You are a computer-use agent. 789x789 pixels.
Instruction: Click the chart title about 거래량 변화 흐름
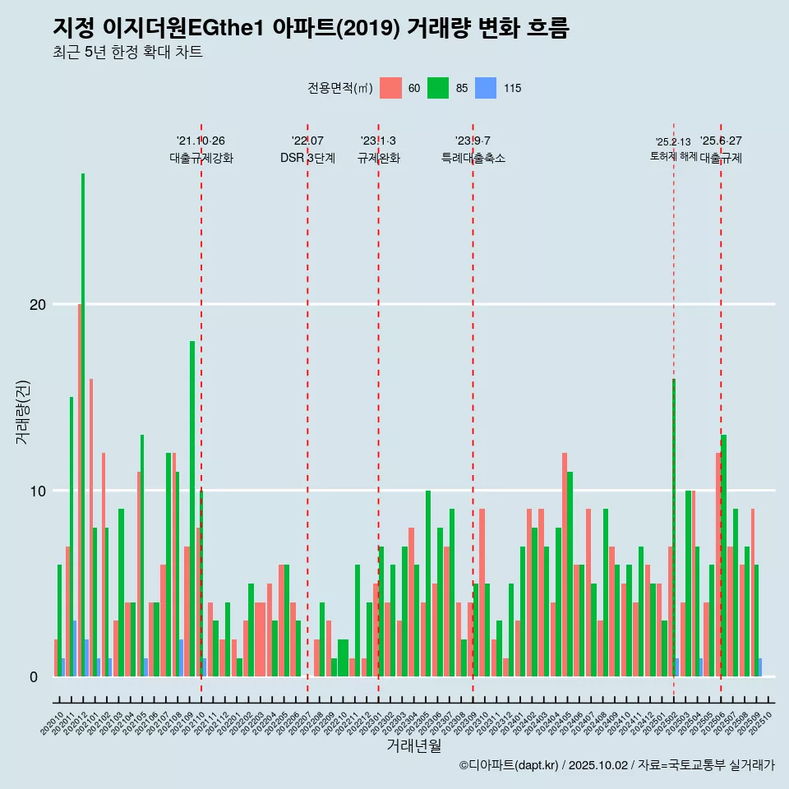[311, 28]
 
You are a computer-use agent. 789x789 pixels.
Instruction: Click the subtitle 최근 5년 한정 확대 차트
[127, 53]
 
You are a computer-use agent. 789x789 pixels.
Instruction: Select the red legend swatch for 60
[391, 88]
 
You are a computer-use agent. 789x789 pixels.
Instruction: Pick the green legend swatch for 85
[438, 88]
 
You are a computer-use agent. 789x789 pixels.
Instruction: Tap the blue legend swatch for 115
[486, 88]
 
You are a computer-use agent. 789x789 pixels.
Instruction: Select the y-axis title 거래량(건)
[22, 413]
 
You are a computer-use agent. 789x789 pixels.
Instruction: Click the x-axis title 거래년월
[414, 745]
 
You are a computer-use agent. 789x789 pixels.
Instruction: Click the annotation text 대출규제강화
[201, 158]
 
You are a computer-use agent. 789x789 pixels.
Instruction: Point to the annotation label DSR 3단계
[307, 158]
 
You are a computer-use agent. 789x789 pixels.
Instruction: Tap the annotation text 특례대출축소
[473, 158]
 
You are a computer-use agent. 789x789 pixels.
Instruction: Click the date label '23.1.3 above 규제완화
[378, 141]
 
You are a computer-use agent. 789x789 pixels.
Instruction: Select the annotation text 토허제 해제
[673, 156]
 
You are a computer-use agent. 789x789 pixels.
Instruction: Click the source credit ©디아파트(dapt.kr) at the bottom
[510, 765]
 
